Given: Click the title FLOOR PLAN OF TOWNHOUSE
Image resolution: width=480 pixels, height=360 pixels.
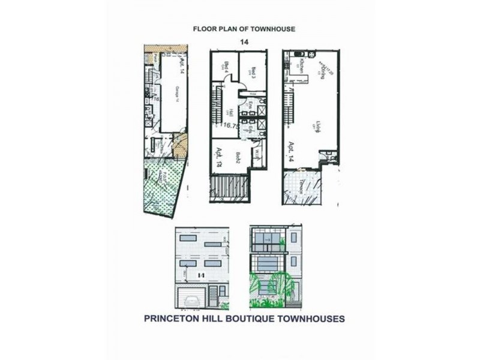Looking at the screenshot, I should coord(244,28).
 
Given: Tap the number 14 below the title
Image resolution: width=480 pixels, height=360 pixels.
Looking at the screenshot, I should coord(244,41).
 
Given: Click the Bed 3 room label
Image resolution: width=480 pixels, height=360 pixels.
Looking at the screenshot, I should coord(253,70).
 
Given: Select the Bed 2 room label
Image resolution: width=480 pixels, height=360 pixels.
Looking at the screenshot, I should coord(238,158).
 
